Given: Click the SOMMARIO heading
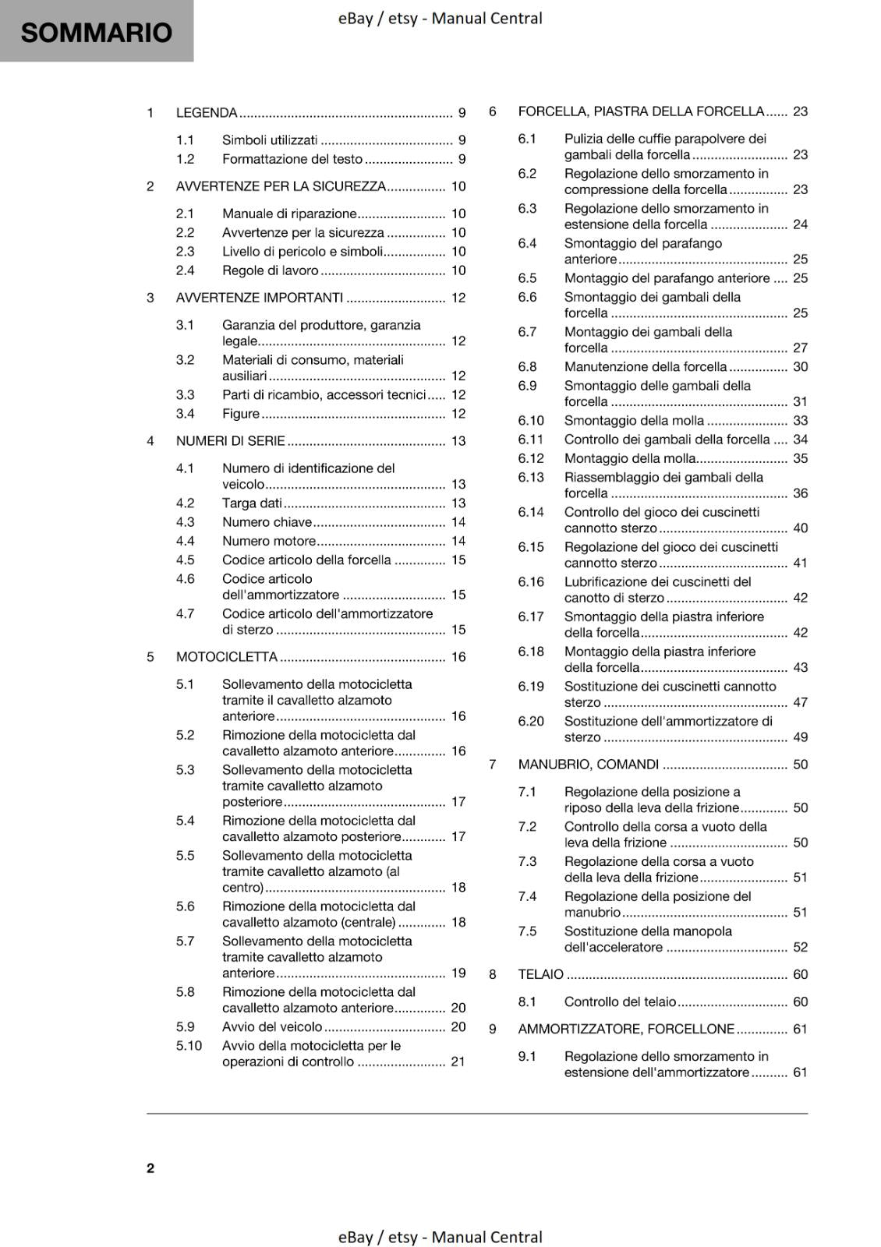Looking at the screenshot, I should tap(96, 33).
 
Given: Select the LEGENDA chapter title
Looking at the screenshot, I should tap(207, 113).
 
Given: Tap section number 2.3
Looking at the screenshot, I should tap(185, 252).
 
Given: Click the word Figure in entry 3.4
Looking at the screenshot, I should tap(241, 414).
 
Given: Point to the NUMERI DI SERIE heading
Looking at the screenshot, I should tap(231, 441).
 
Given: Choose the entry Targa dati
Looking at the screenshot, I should tap(252, 503).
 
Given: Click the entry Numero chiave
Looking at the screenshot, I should tap(267, 522).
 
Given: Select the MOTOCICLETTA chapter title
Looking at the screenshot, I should tap(227, 657).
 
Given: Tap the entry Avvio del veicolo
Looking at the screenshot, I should tap(272, 1027).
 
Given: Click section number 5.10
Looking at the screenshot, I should tap(189, 1046).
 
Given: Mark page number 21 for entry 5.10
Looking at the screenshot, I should tap(458, 1062).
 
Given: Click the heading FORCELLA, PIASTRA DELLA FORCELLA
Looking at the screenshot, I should tap(641, 111).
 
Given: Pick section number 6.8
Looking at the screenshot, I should tap(527, 367).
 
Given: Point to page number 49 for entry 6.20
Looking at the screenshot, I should tap(800, 737).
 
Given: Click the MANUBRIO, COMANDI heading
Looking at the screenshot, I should tap(588, 765).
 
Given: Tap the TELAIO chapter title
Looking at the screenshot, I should tap(540, 974).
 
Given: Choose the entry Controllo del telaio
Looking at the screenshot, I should tap(620, 1002).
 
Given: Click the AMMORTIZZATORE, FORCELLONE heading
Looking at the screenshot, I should tap(626, 1030).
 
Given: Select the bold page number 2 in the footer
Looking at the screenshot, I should tap(150, 1168).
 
